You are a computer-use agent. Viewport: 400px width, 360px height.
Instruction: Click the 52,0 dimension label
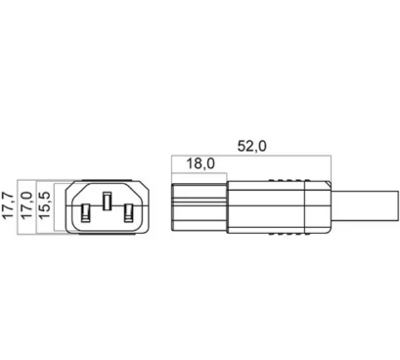pos(251,146)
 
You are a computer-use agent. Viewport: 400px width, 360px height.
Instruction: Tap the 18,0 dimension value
pos(200,163)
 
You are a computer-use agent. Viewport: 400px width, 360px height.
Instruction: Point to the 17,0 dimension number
pos(26,205)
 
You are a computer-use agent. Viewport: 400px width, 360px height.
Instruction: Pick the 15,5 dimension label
pos(44,205)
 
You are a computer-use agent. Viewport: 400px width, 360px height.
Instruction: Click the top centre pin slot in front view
pos(108,202)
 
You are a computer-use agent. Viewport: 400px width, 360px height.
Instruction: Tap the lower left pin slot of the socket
pos(85,213)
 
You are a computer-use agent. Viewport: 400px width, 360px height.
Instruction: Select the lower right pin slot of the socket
pos(129,213)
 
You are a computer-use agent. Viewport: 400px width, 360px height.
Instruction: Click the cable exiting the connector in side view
pos(365,206)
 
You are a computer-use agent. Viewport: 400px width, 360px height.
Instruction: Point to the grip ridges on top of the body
pos(289,180)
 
